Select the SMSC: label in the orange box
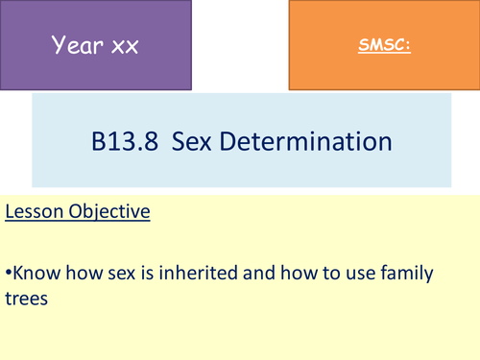coord(381,45)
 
